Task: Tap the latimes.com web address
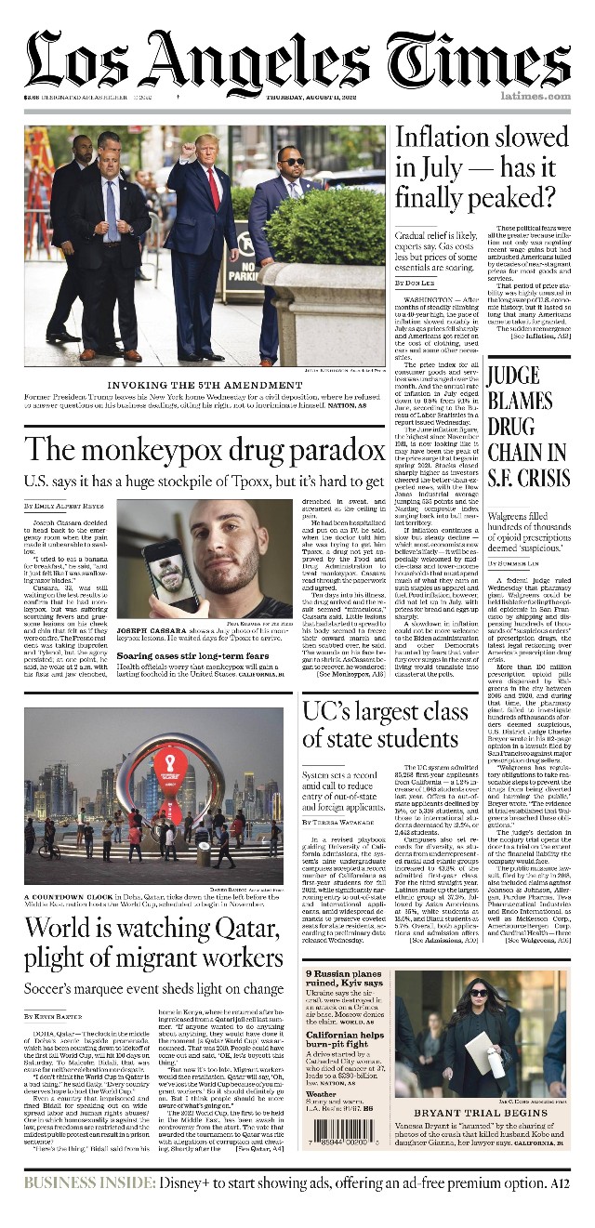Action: (x=535, y=96)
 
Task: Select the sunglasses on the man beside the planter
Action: (x=291, y=162)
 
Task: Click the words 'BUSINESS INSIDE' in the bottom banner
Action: (x=89, y=1182)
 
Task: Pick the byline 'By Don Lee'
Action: (x=415, y=283)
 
